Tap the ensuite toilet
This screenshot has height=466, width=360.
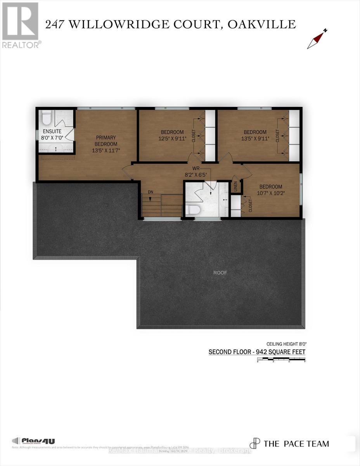click(x=47, y=116)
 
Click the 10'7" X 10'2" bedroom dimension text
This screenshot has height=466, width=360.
click(x=271, y=193)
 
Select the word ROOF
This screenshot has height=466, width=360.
click(x=220, y=273)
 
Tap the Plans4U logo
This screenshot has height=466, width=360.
click(x=34, y=441)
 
